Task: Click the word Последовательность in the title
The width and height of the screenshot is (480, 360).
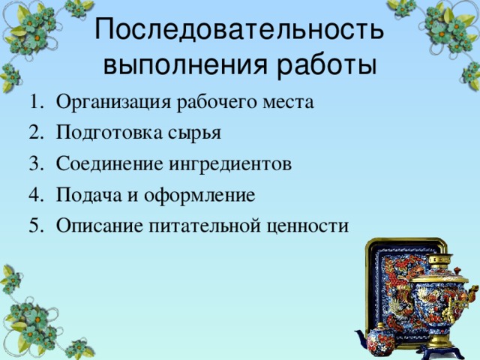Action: point(240,31)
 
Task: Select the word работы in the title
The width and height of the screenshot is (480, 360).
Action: point(327,64)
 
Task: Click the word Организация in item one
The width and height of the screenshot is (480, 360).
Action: point(114,102)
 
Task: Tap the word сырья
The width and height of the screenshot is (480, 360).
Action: point(193,134)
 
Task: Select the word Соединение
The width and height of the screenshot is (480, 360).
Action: point(110,163)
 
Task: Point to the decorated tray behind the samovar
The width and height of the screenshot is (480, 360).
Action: point(390,277)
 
